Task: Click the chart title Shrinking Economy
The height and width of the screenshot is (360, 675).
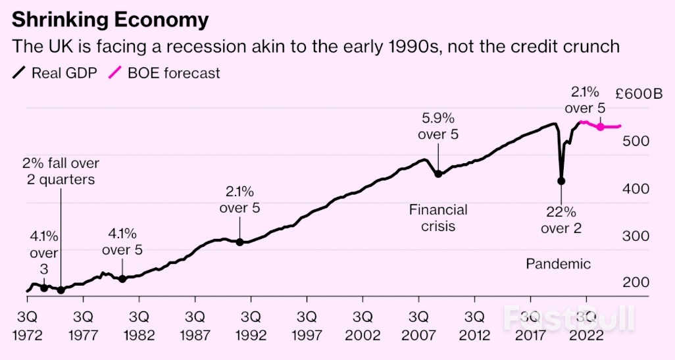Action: pos(110,20)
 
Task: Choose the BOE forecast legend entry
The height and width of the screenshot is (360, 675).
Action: pos(164,73)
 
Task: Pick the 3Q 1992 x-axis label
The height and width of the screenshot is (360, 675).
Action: pos(251,324)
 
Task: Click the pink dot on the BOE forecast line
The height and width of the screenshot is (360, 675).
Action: pos(600,126)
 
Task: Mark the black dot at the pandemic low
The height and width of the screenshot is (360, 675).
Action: pos(561,181)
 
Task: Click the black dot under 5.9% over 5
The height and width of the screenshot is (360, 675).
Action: pos(438,174)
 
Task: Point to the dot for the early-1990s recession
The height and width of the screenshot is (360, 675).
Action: pos(240,242)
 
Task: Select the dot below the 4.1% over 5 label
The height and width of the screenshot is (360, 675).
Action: pos(122,279)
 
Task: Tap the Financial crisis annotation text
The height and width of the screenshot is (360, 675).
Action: pos(438,218)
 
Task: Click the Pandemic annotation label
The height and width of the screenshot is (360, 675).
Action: pos(559,264)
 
